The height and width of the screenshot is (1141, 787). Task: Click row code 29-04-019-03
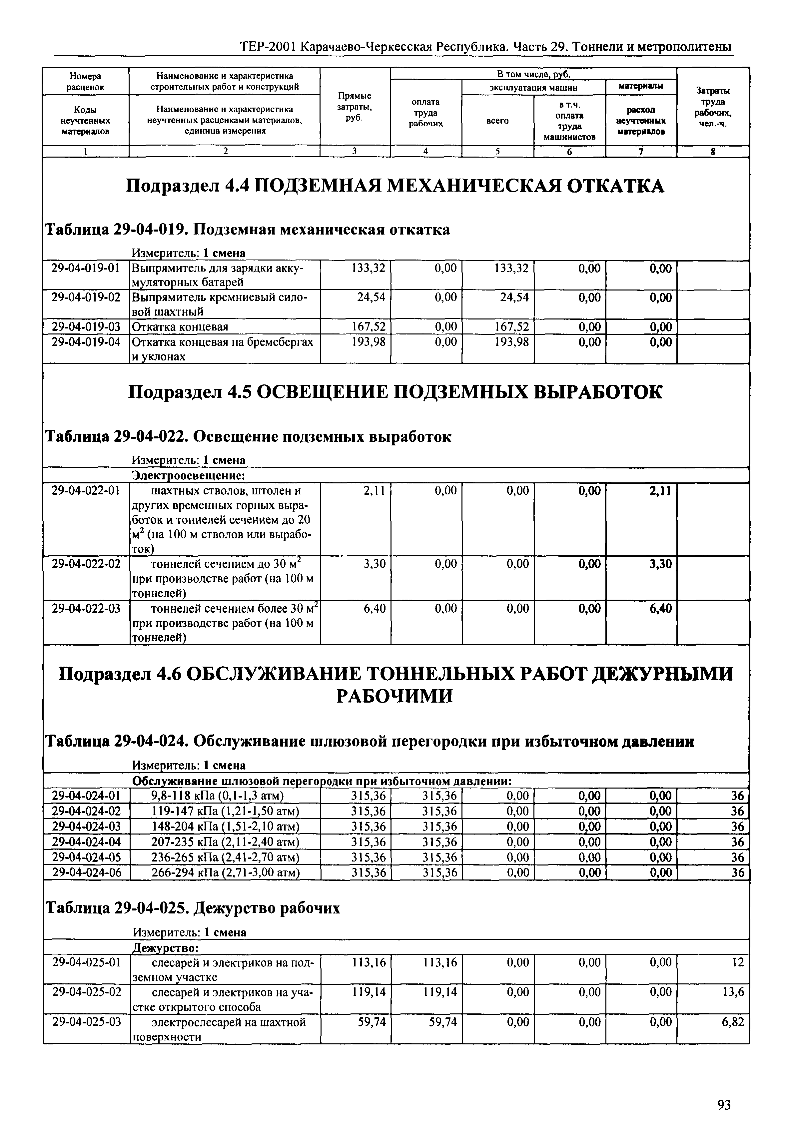(x=86, y=327)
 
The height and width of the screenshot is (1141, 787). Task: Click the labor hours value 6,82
(x=733, y=1022)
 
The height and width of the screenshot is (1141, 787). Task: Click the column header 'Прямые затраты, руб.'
(x=355, y=107)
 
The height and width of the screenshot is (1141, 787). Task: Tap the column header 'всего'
(x=497, y=120)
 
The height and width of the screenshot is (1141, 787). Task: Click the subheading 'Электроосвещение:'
(x=189, y=475)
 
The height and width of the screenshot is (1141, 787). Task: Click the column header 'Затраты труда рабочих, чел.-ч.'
(x=713, y=107)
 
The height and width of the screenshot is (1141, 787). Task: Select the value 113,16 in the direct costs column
(x=369, y=962)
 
